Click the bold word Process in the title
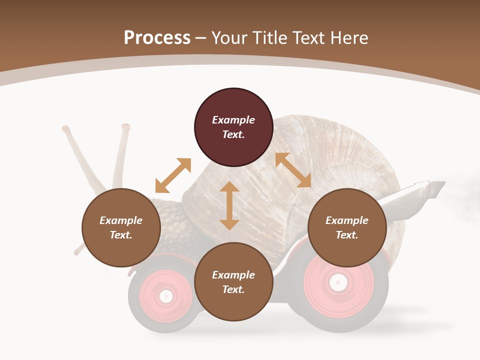pos(157,37)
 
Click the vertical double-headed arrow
pos(229,205)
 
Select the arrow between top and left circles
pos(173,175)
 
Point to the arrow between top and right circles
pos(293,170)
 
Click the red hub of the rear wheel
pos(338,283)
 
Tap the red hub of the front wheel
pos(165,296)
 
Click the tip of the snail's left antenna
pos(65,129)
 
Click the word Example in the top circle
pos(233,120)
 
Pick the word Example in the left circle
pos(121,220)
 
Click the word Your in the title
pos(230,37)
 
